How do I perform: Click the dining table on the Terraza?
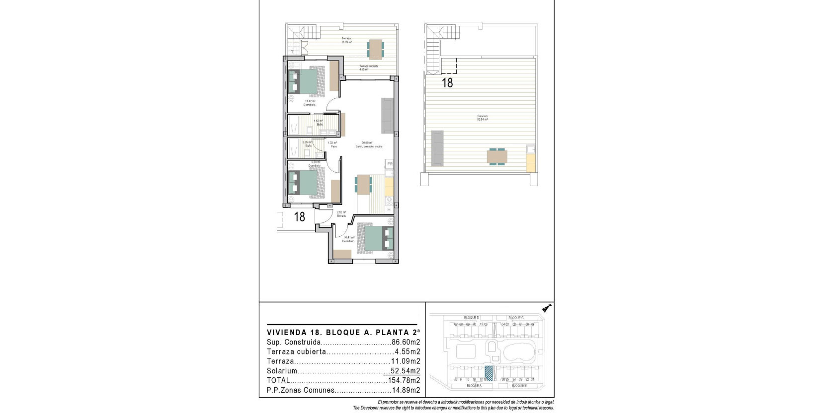pyautogui.click(x=375, y=49)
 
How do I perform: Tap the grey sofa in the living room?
pyautogui.click(x=387, y=115)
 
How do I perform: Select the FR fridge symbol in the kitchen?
pyautogui.click(x=390, y=164)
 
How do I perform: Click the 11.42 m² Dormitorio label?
pyautogui.click(x=310, y=103)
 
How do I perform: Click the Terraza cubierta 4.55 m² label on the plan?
pyautogui.click(x=369, y=68)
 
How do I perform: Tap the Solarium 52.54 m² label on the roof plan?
pyautogui.click(x=482, y=118)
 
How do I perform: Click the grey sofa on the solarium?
pyautogui.click(x=437, y=148)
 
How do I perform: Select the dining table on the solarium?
pyautogui.click(x=497, y=156)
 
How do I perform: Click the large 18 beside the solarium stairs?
pyautogui.click(x=447, y=83)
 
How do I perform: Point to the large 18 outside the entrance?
pyautogui.click(x=299, y=217)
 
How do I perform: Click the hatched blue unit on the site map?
pyautogui.click(x=488, y=373)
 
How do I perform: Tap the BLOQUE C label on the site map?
pyautogui.click(x=516, y=318)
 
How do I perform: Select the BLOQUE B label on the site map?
pyautogui.click(x=518, y=385)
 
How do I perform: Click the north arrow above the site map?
pyautogui.click(x=547, y=308)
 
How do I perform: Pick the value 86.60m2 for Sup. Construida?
pyautogui.click(x=406, y=342)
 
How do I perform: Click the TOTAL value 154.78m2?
pyautogui.click(x=404, y=380)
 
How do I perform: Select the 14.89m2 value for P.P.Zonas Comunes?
pyautogui.click(x=406, y=390)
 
